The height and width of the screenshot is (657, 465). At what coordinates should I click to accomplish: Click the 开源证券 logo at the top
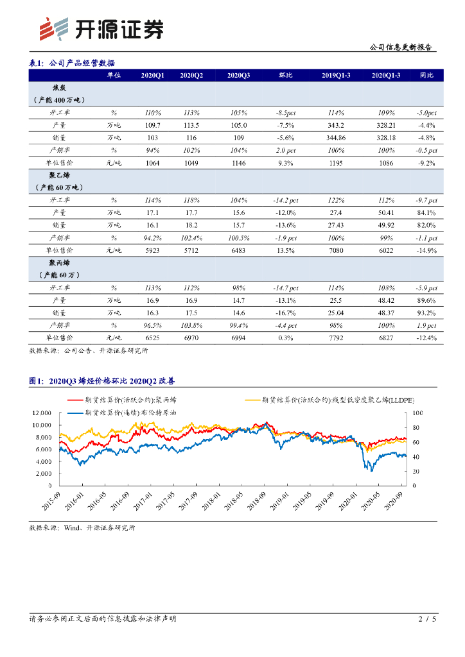[100, 29]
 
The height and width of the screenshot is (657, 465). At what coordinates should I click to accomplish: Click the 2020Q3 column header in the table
[239, 76]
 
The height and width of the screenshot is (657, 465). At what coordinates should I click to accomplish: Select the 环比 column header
[286, 76]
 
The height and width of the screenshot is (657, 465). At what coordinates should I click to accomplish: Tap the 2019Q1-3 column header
[336, 76]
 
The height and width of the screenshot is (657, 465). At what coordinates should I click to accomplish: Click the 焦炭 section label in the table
[59, 89]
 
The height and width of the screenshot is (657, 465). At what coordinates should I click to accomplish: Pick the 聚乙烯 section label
[59, 175]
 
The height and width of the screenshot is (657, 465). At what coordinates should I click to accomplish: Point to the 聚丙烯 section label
[59, 262]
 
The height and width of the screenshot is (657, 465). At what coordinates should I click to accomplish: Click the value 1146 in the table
[239, 163]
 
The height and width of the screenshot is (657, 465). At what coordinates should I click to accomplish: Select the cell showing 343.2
[336, 125]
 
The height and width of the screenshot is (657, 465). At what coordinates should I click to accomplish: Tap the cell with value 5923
[152, 250]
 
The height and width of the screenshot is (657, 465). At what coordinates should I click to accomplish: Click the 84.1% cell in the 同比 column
[426, 212]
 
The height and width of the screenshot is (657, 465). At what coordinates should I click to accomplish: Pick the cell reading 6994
[239, 337]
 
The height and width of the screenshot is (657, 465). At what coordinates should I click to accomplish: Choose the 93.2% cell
[426, 312]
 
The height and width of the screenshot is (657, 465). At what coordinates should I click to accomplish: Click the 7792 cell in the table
[336, 337]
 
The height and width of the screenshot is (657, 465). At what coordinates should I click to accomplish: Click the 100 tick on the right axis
[418, 413]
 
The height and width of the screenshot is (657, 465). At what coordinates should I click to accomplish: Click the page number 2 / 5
[427, 619]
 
